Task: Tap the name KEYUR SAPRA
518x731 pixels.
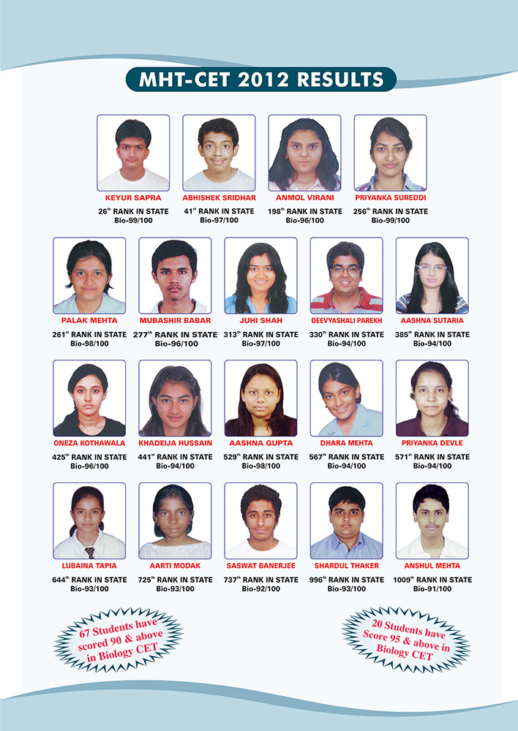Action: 133,197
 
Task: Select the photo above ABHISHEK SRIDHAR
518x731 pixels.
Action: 219,152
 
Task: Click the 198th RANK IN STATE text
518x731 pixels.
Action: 304,211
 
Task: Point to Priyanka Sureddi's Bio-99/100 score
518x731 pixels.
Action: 391,220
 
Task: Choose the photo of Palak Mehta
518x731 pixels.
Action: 89,276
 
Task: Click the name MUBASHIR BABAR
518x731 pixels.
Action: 175,320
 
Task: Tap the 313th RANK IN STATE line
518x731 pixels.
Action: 261,334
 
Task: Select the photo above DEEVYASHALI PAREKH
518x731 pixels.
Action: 346,276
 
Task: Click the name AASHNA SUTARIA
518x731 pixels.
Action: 432,320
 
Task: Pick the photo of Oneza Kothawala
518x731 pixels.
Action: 89,398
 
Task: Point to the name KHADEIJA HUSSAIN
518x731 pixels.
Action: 175,443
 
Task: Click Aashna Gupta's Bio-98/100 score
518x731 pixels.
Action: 261,466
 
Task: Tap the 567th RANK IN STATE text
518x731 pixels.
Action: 346,457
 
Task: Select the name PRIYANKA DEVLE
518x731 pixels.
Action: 432,443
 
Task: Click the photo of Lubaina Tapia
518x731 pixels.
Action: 89,520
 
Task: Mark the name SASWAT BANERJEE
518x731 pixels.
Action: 261,566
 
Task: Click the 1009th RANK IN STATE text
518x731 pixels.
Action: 432,580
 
